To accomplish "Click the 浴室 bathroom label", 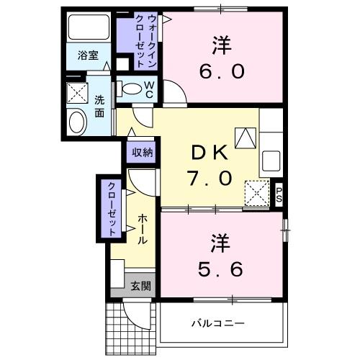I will (89, 56).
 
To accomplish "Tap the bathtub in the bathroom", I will (89, 28).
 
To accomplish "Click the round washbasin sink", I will (76, 122).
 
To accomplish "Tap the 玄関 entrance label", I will (140, 285).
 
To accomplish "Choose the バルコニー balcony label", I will (217, 323).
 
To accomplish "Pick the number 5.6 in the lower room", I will (220, 269).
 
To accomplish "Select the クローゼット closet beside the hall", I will (112, 208).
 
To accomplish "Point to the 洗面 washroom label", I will (99, 107).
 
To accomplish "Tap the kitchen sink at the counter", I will (271, 159).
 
